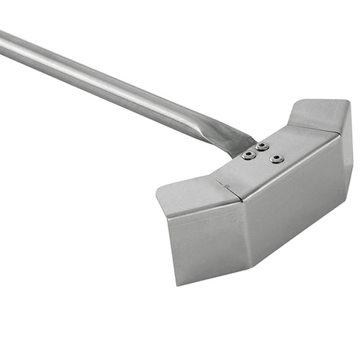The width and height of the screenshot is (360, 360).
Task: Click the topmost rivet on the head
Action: coord(262,146)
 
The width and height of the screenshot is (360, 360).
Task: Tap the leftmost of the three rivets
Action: coord(248,154)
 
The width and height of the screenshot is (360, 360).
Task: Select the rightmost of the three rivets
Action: coord(276,158)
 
